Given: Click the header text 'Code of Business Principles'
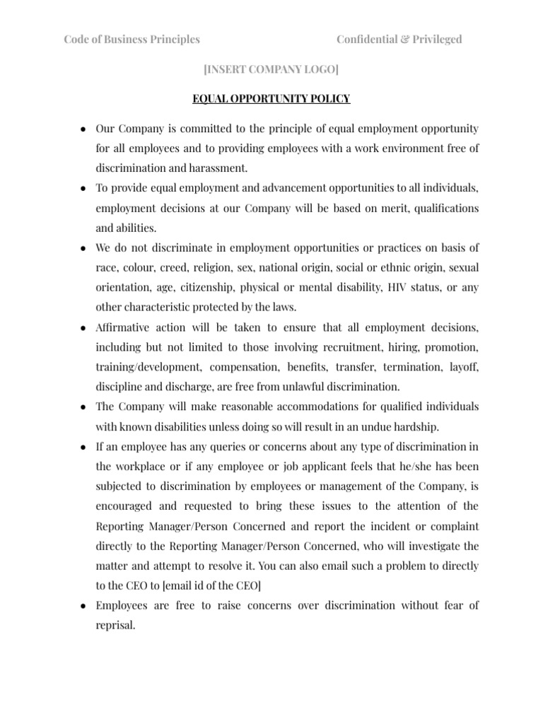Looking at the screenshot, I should tap(132, 40).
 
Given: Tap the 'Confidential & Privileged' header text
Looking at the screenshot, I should tap(399, 40).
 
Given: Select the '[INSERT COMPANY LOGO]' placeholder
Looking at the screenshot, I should tap(271, 69).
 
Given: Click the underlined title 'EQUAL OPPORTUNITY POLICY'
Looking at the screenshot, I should tap(271, 99).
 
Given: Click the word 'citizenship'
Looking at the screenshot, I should tap(204, 288).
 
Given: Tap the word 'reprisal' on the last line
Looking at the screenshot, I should tap(115, 625).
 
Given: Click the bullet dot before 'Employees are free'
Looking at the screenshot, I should tap(83, 606).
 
